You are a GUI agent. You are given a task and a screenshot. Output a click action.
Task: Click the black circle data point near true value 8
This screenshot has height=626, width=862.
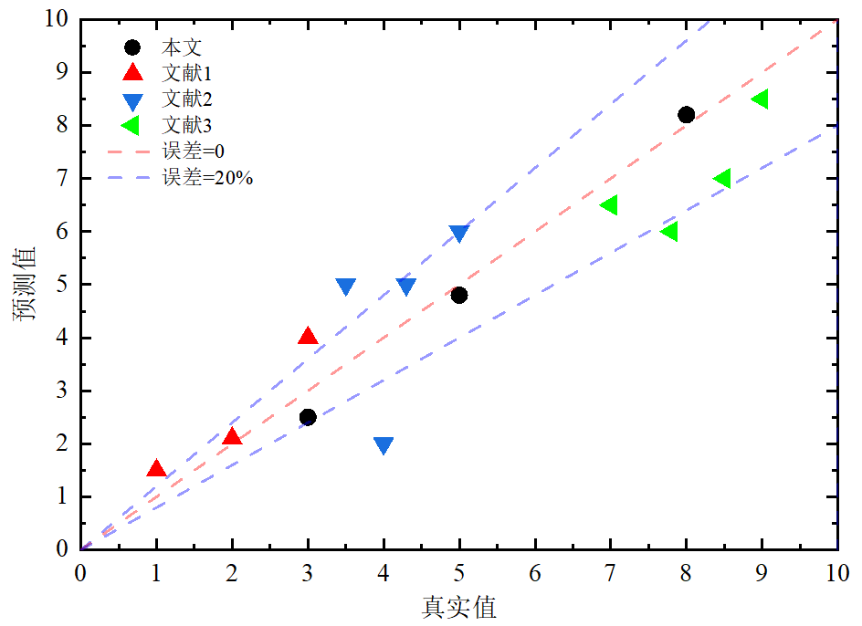(687, 114)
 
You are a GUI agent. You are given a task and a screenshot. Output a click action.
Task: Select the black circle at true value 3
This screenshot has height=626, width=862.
(308, 417)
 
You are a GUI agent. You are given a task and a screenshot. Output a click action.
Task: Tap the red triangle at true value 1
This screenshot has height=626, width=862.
(156, 469)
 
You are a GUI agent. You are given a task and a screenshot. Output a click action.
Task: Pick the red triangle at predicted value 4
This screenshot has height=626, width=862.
(308, 337)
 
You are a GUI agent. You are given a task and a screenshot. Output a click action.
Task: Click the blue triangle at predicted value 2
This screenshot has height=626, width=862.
(384, 445)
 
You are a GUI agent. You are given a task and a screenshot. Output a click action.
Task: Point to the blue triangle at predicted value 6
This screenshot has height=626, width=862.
(459, 233)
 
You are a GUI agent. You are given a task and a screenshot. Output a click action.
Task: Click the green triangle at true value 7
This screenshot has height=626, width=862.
(609, 204)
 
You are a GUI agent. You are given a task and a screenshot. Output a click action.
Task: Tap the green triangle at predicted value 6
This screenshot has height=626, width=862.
(669, 232)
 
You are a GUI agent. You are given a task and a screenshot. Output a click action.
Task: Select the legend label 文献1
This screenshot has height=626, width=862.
(187, 72)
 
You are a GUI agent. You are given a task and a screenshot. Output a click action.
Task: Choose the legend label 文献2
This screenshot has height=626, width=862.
(187, 99)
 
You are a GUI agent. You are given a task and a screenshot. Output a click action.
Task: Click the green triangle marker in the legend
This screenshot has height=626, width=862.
(132, 125)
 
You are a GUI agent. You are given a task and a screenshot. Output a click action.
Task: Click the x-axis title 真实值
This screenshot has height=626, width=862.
(459, 607)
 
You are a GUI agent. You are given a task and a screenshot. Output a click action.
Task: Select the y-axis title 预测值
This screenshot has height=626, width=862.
(25, 283)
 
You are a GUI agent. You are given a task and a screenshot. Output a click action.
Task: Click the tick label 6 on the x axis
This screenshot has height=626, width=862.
(535, 574)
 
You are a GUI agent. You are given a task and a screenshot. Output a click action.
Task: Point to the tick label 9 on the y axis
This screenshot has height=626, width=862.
(61, 72)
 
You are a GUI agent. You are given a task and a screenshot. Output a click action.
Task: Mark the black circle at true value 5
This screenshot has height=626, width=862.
(459, 295)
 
